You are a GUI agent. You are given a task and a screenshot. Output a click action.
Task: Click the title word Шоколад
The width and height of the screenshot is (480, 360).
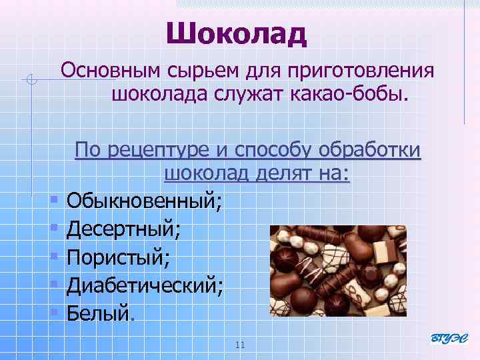point(236,33)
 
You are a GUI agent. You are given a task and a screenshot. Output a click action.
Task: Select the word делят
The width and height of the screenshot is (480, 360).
point(273,174)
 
